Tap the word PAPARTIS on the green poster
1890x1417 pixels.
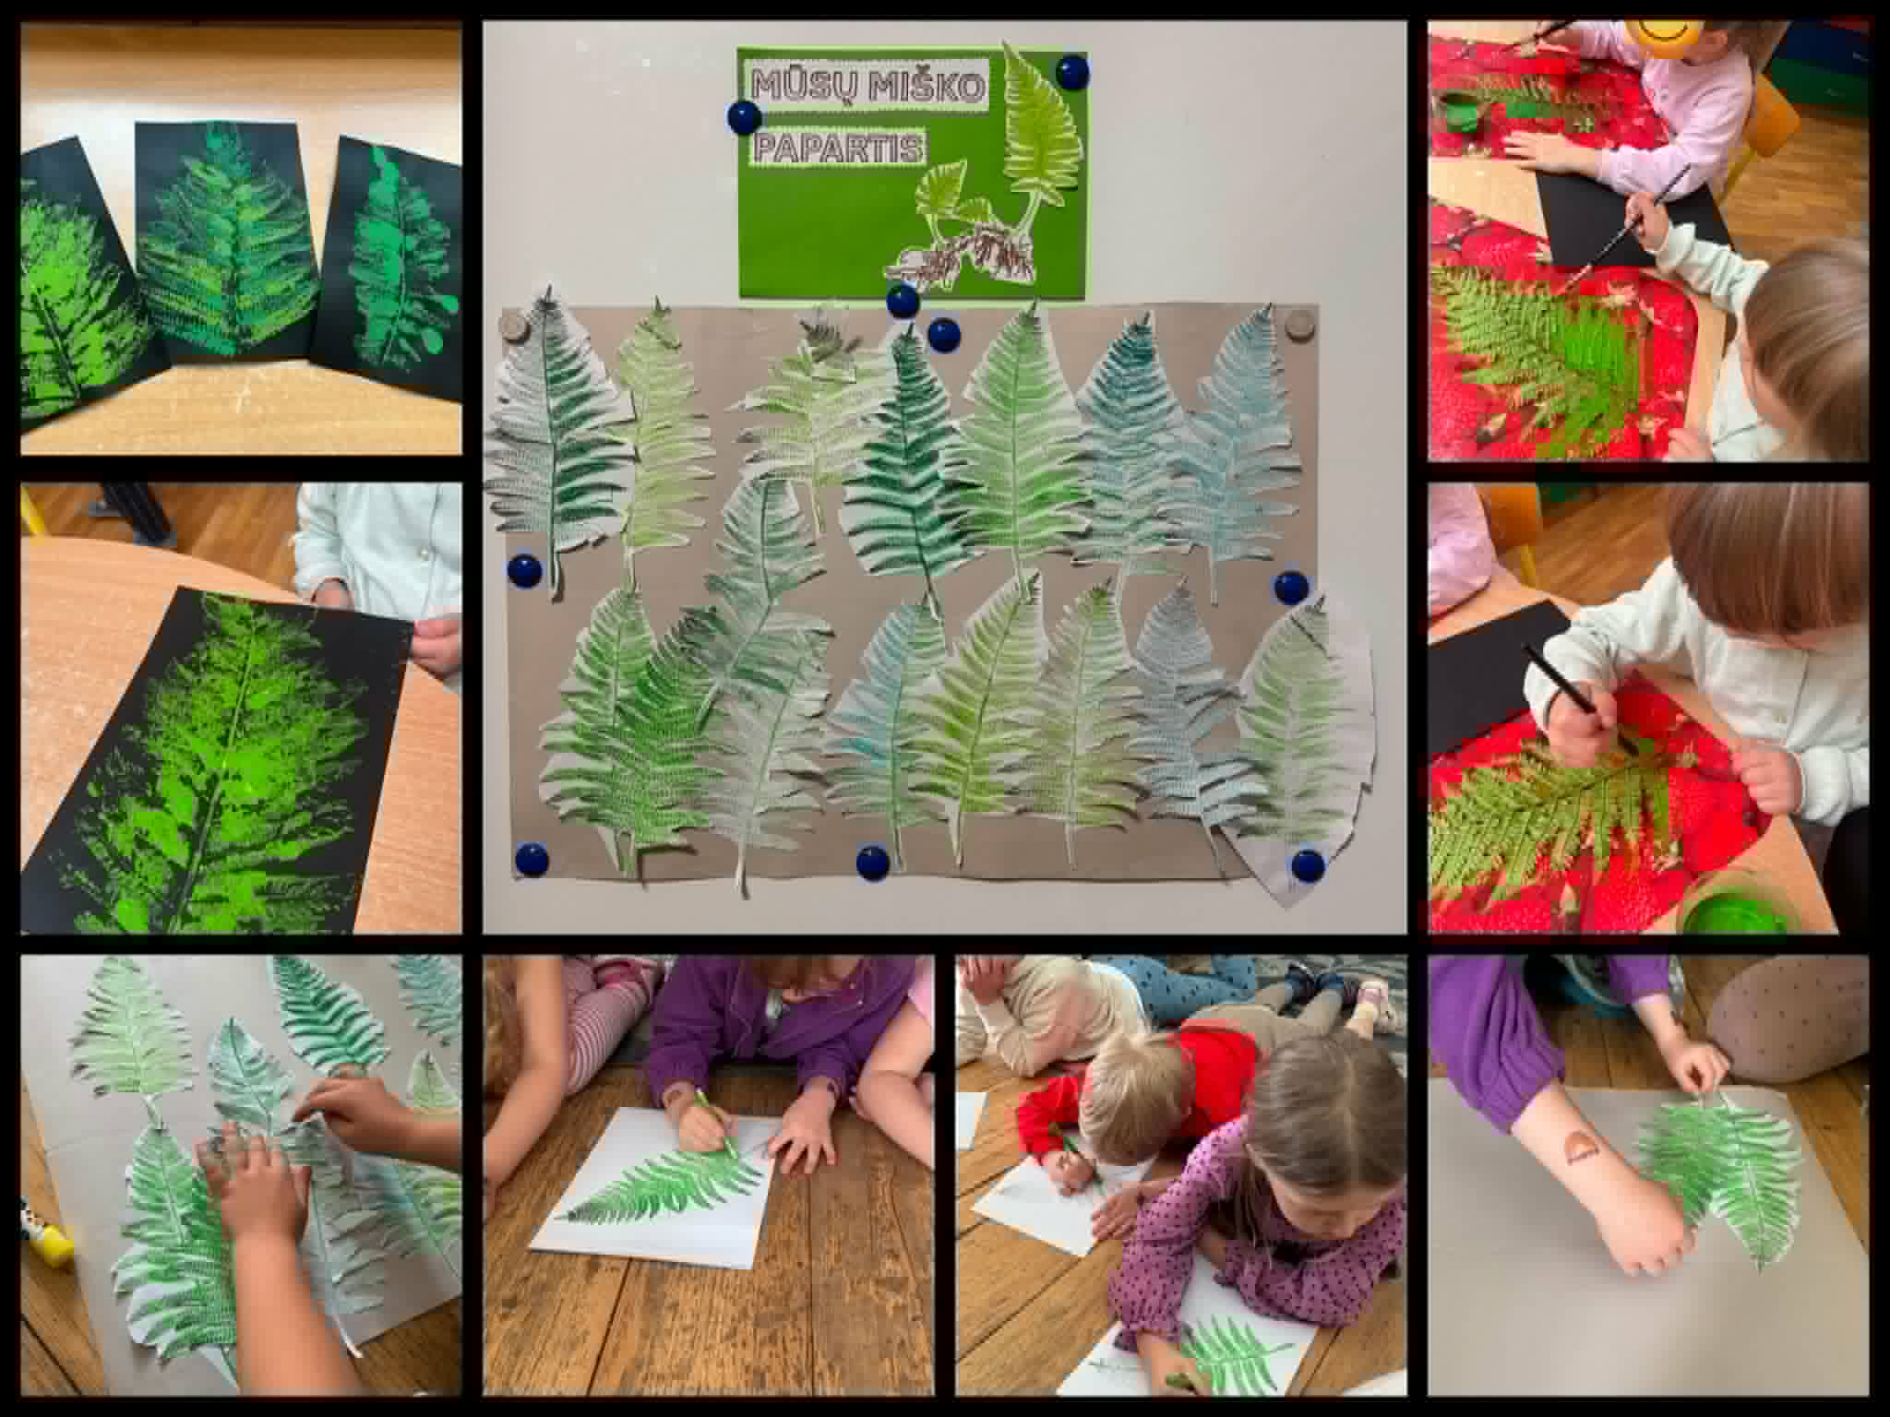pos(839,149)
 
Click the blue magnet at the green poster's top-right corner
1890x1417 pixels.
pos(1071,72)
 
